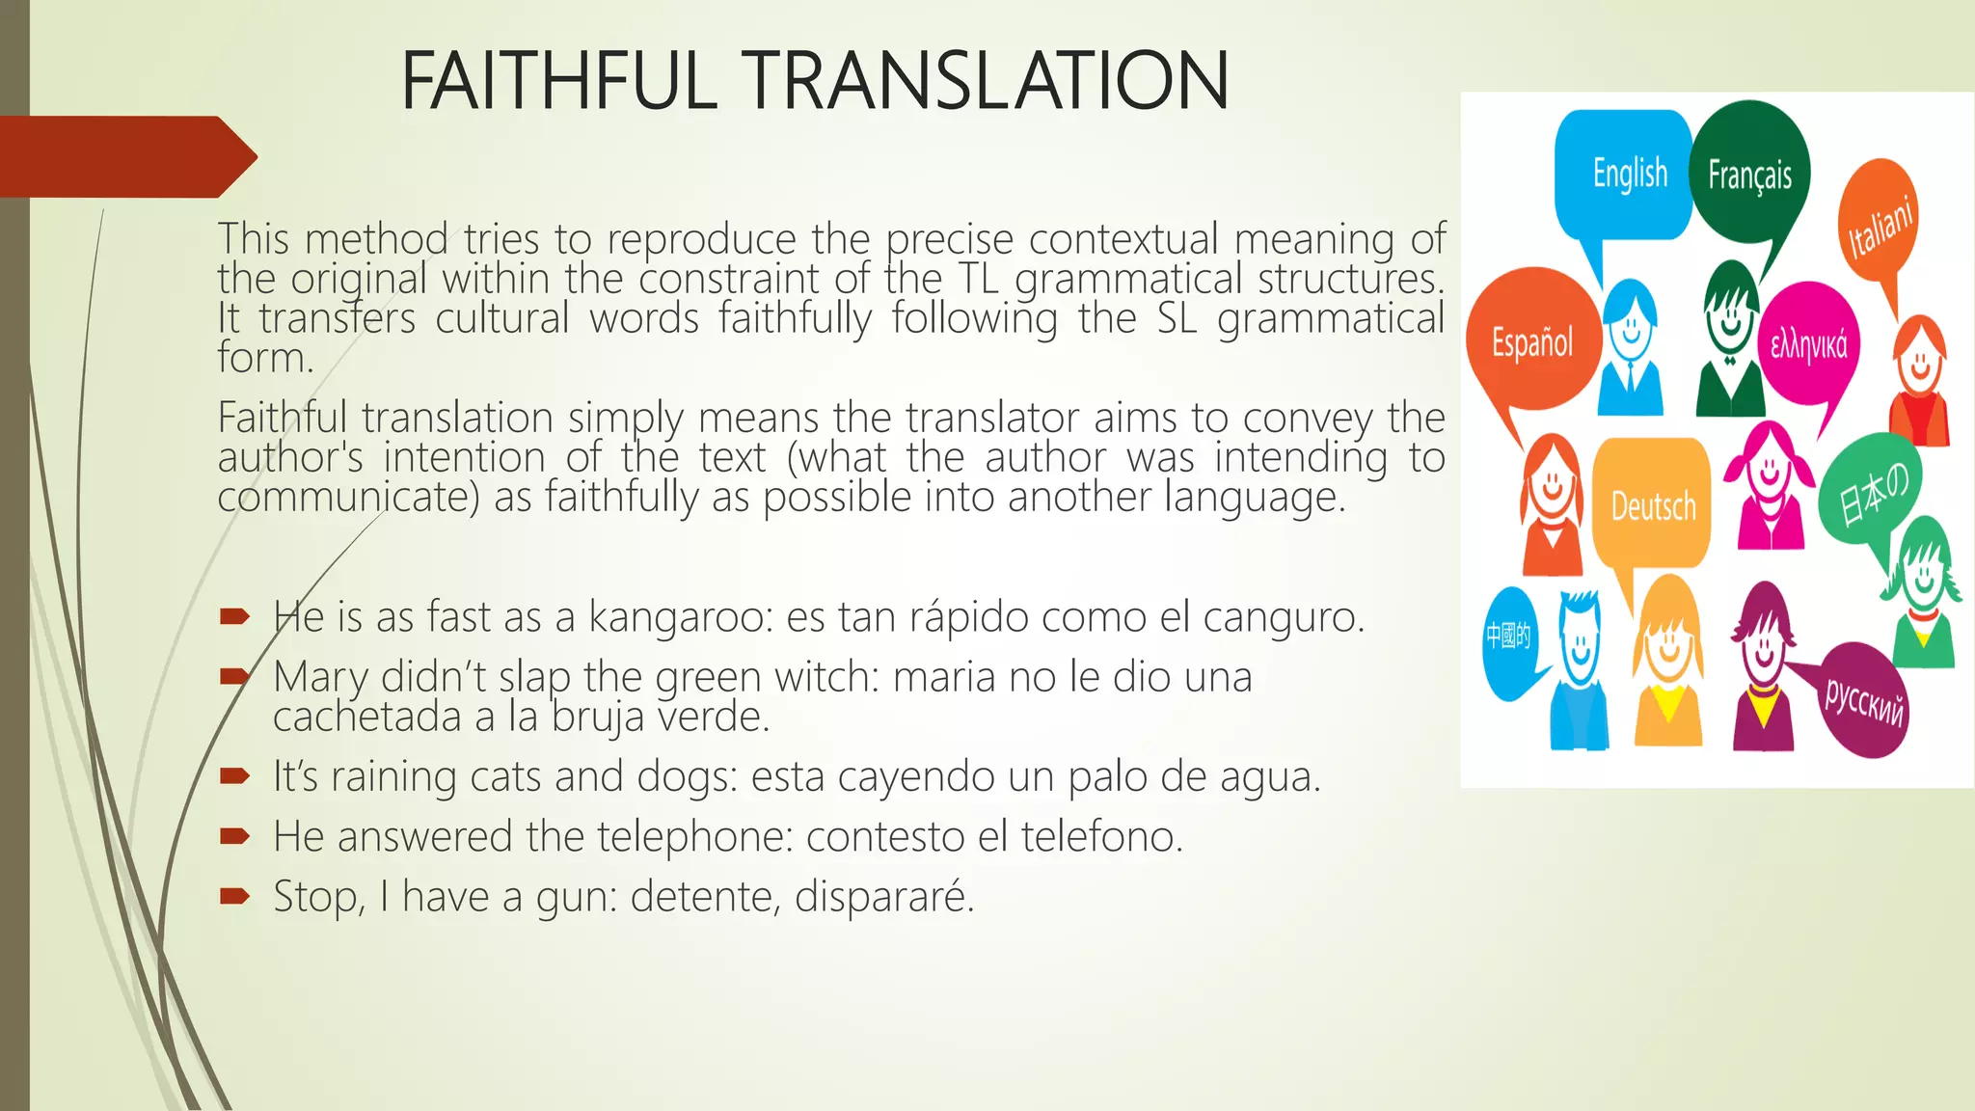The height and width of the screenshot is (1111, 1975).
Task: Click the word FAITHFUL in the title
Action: point(559,81)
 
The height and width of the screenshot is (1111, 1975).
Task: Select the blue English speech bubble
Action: point(1625,174)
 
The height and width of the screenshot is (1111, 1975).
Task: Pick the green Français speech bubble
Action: point(1749,174)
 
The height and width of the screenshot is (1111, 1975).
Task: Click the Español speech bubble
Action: point(1531,341)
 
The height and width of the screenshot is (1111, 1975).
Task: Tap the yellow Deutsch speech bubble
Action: point(1652,504)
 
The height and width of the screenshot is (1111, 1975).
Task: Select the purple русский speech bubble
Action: point(1863,700)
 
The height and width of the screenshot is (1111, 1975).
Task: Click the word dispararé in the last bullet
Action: point(882,897)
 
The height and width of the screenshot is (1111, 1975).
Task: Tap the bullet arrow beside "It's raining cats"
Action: point(234,776)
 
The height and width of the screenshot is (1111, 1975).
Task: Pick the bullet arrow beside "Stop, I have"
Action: point(234,897)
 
